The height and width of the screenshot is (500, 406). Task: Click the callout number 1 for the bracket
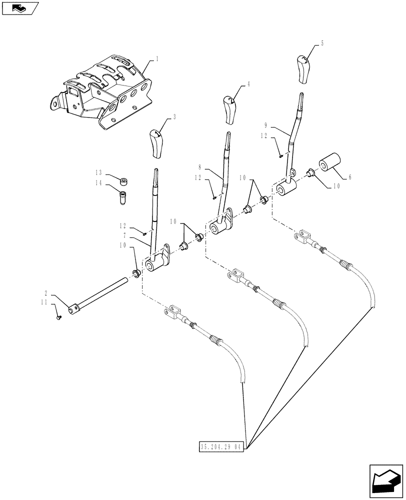[157, 59]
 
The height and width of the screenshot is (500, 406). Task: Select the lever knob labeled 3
[156, 143]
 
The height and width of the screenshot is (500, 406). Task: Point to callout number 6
[350, 176]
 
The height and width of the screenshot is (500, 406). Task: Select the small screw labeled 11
[58, 316]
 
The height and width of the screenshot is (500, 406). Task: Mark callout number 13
[98, 172]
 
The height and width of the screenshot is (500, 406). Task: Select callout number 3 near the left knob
[174, 117]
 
